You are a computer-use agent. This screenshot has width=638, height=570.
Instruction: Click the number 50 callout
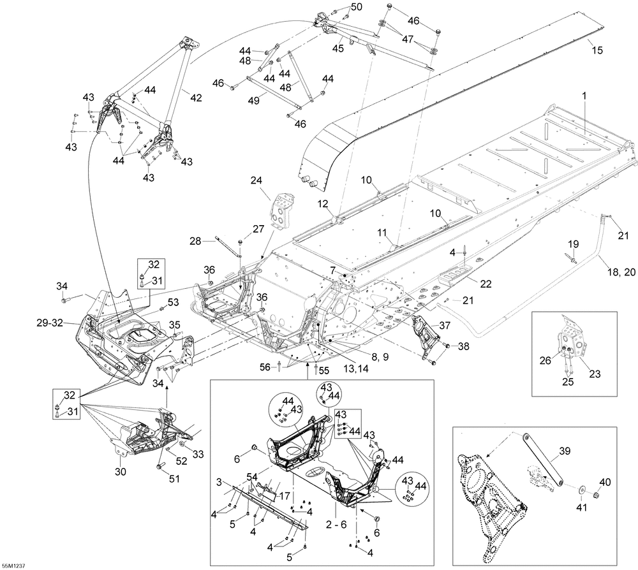point(356,7)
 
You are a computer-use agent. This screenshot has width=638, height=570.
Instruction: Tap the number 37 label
point(443,325)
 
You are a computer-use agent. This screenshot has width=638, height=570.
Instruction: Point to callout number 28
point(195,240)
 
